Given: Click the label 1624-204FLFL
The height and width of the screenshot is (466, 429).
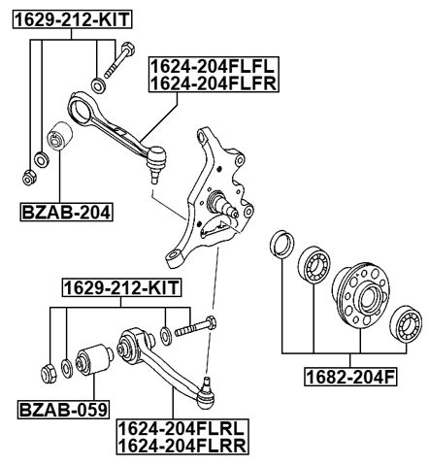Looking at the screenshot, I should [214, 66].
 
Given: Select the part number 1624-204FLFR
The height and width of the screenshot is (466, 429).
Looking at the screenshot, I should [214, 83].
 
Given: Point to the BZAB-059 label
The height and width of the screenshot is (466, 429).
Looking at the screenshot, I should [63, 409].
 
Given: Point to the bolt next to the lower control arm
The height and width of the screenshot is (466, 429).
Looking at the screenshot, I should [199, 331].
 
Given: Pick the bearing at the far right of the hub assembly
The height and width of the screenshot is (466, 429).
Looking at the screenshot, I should [407, 324].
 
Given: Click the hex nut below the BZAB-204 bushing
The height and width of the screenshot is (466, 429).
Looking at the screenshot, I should [30, 177].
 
